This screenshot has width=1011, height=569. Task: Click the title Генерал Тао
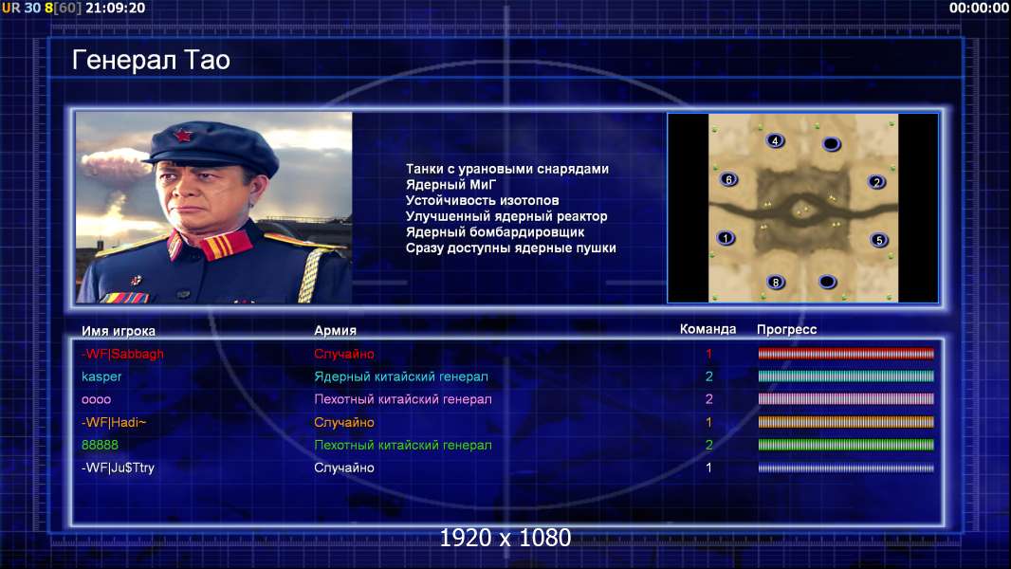151,60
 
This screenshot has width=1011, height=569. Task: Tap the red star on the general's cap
182,136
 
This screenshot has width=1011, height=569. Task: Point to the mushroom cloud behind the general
114,164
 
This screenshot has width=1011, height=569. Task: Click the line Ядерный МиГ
450,184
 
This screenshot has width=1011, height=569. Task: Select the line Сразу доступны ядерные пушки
510,248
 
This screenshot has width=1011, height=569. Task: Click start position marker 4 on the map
775,140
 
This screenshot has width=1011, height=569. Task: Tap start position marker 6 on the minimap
728,179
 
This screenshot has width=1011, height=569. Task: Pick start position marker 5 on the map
879,240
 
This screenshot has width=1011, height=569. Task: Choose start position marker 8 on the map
776,282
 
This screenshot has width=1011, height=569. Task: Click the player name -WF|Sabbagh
122,354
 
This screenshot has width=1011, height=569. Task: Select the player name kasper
101,376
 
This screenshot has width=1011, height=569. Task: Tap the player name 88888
100,445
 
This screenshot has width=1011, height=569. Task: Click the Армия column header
336,331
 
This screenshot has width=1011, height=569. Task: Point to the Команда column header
708,329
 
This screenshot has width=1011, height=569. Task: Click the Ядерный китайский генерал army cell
401,376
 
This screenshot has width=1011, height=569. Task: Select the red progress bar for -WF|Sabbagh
846,353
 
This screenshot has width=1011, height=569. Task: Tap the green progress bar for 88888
846,445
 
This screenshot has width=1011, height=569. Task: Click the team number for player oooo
709,399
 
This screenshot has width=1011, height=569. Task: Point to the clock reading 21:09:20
116,8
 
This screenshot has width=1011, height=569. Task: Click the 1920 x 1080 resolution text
505,538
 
